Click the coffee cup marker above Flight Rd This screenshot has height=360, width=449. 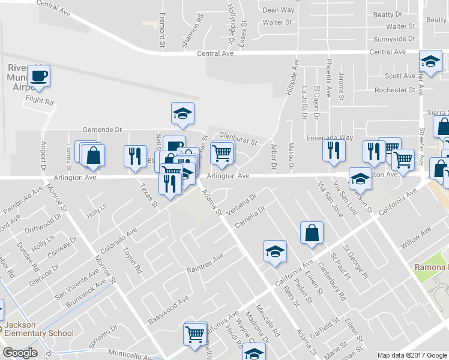coord(39,76)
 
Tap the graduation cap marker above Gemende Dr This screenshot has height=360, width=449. coord(183,112)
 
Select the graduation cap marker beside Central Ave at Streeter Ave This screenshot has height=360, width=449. coord(430,61)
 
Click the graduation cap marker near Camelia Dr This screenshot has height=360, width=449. coord(275,251)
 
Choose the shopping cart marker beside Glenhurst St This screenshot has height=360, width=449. coord(222,153)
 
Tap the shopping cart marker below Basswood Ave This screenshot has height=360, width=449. coord(195,334)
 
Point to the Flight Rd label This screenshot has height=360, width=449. coord(40,102)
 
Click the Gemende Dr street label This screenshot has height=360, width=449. coord(101,129)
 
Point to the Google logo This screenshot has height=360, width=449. coord(19,353)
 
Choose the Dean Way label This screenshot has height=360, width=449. coord(279,10)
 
